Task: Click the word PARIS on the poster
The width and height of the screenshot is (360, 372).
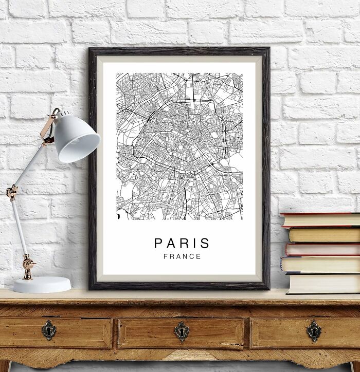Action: pos(182,243)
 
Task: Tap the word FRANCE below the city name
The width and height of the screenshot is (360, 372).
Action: pos(182,256)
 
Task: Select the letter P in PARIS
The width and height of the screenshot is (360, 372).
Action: pos(158,243)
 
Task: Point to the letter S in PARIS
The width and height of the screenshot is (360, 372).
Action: pos(206,243)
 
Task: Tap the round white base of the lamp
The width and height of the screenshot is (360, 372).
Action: pos(41,284)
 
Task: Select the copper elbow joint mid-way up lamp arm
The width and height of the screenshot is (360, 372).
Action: pos(11,193)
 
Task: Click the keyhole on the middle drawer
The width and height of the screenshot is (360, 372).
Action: pos(181,331)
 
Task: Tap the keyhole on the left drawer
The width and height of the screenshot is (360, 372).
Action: pos(49,330)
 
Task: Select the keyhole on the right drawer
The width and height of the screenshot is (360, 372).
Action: pos(313,330)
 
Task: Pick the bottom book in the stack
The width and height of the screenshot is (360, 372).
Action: pos(323,283)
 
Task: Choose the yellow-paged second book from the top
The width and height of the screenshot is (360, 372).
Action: pos(324,235)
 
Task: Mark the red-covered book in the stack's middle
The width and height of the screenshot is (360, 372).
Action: pos(322,249)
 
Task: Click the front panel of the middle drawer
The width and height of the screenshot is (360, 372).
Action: pos(154,333)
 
